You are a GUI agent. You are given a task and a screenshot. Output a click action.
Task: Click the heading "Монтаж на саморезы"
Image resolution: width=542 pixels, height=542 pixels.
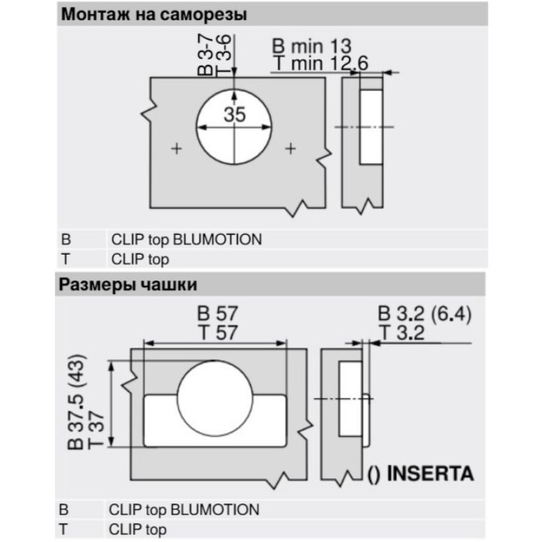(154, 15)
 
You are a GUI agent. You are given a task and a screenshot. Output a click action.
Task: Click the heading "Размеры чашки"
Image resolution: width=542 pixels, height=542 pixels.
(128, 285)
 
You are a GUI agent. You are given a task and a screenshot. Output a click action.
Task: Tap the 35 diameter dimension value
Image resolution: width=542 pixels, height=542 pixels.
(234, 114)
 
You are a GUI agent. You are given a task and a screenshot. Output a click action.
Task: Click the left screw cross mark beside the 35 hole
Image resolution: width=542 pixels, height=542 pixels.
(177, 149)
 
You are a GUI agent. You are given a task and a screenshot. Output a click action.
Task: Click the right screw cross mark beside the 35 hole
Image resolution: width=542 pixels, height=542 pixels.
(291, 149)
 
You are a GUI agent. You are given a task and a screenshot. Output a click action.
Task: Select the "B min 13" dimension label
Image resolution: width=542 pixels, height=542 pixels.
(312, 46)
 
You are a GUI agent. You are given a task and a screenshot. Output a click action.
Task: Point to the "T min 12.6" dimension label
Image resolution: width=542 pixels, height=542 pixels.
(321, 63)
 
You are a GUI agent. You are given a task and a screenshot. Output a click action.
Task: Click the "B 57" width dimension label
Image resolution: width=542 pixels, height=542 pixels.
(217, 314)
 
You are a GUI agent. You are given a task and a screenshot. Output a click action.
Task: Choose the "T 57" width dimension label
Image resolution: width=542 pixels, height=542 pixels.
(217, 333)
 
